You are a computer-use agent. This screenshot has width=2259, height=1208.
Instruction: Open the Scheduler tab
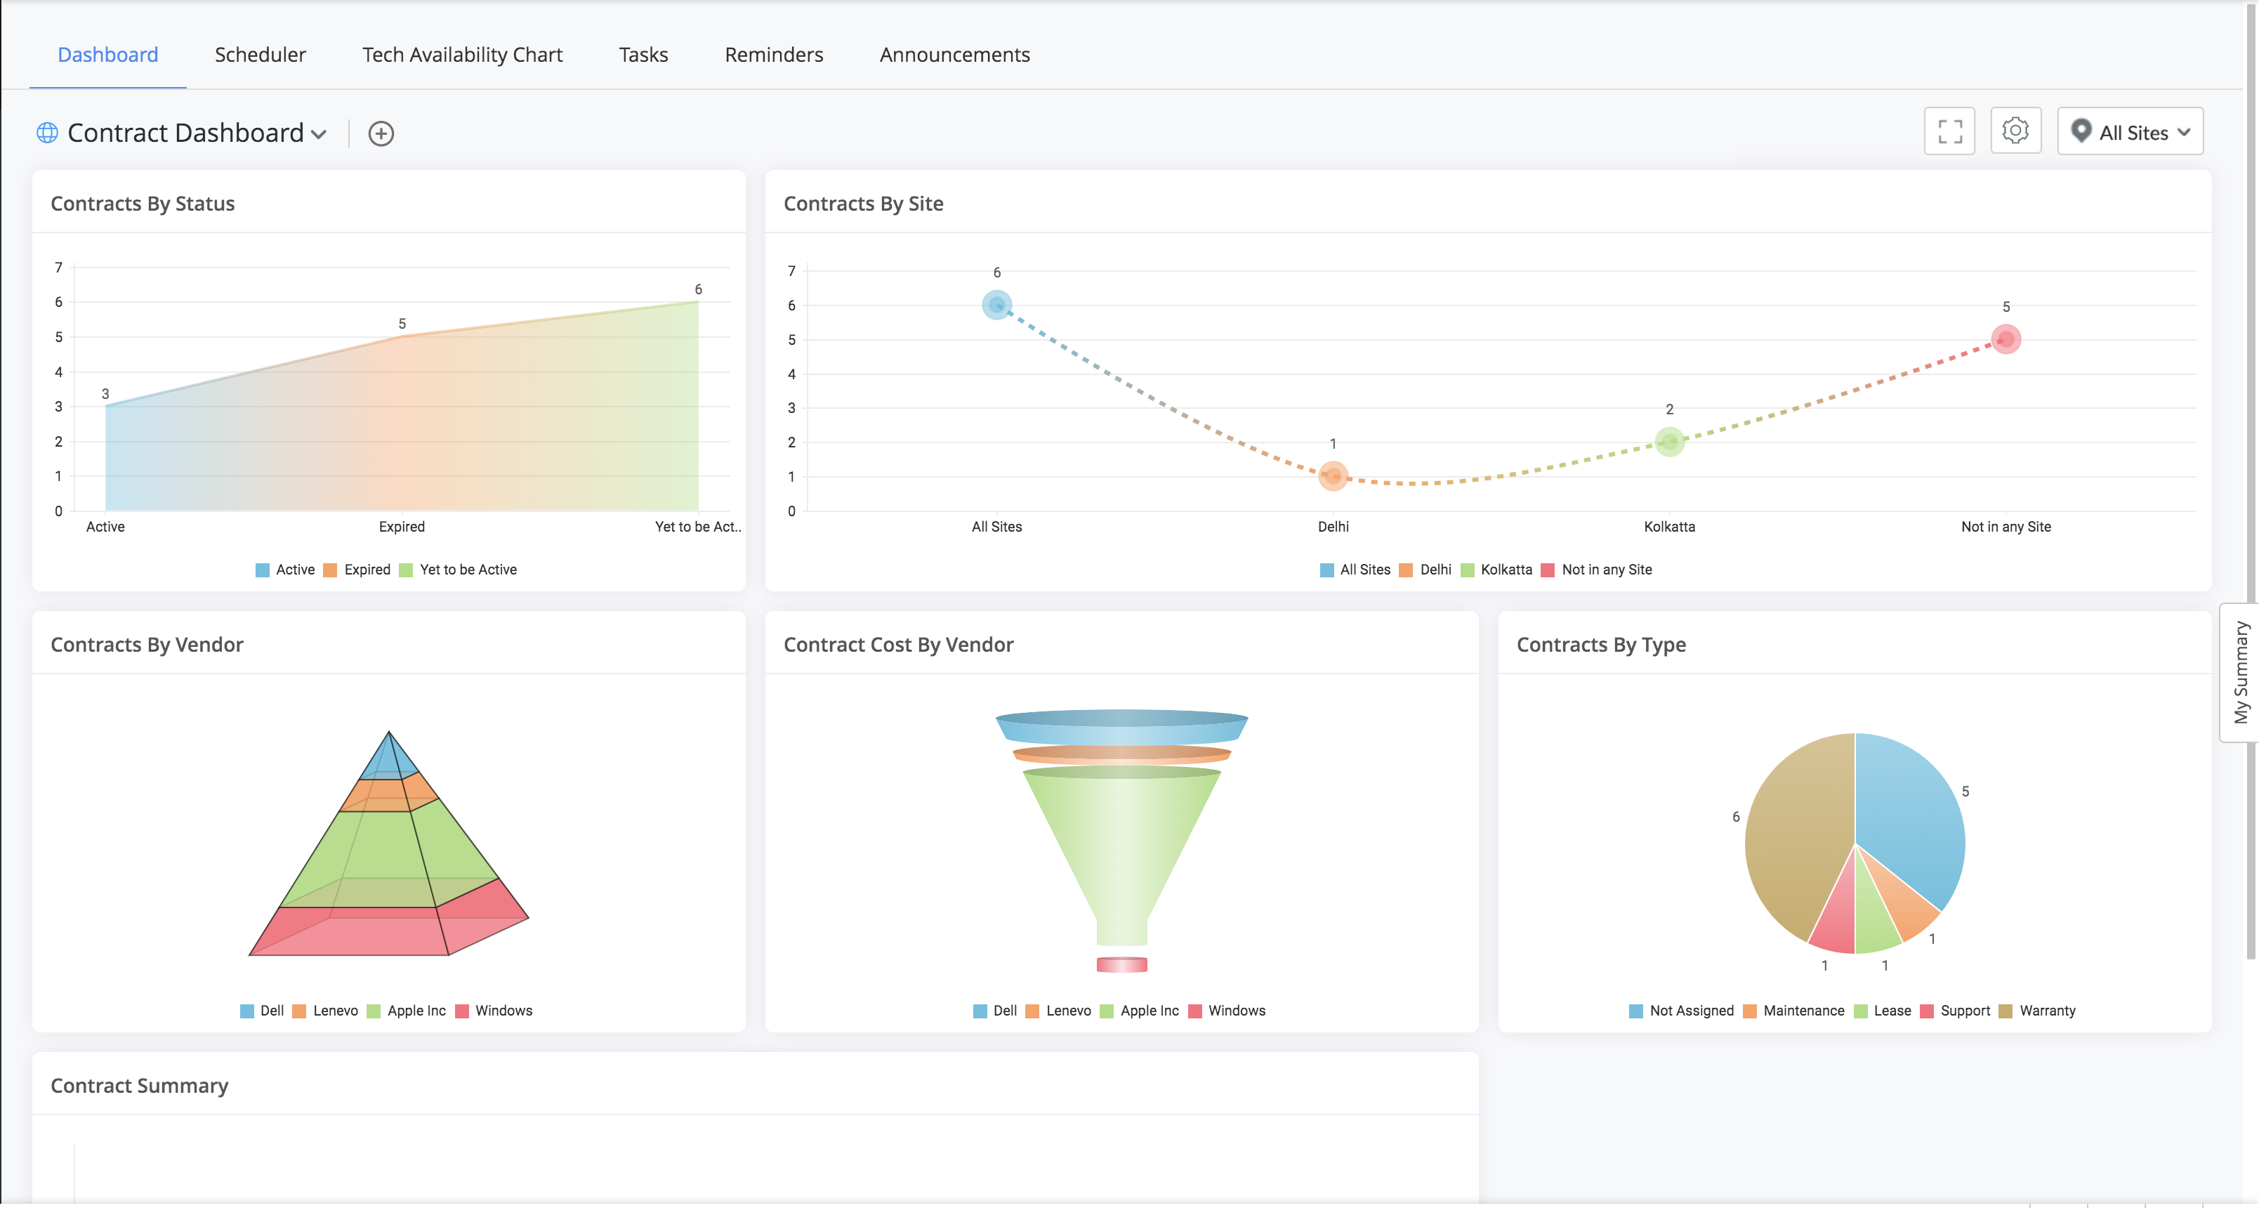pyautogui.click(x=260, y=54)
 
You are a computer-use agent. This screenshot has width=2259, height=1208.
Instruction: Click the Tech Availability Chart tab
pyautogui.click(x=462, y=54)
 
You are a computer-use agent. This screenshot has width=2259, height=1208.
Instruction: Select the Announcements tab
pyautogui.click(x=954, y=54)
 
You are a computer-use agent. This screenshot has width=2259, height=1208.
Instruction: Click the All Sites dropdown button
pyautogui.click(x=2130, y=131)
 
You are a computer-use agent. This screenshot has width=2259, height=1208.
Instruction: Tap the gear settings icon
pyautogui.click(x=2015, y=131)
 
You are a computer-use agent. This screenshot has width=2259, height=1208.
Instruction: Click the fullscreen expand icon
pyautogui.click(x=1949, y=131)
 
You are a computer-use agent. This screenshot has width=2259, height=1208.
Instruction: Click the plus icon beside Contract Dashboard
pyautogui.click(x=381, y=133)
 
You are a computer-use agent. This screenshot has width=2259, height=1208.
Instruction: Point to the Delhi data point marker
pyautogui.click(x=1333, y=475)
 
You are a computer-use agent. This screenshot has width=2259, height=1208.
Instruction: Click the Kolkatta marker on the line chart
pyautogui.click(x=1670, y=441)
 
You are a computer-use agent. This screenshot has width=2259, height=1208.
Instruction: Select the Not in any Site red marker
pyautogui.click(x=2006, y=339)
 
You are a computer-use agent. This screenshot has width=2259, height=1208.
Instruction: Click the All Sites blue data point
pyautogui.click(x=996, y=304)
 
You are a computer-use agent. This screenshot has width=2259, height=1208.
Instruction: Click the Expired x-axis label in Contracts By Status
pyautogui.click(x=402, y=526)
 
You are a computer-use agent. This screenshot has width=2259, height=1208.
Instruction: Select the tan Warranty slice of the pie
pyautogui.click(x=1794, y=834)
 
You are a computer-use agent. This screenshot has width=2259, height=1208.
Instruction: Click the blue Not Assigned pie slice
pyautogui.click(x=1911, y=816)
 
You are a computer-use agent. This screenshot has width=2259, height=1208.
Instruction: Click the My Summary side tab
pyautogui.click(x=2241, y=673)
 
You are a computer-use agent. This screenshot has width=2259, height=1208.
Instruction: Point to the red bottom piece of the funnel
pyautogui.click(x=1121, y=964)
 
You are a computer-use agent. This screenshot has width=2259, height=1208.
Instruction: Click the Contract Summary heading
pyautogui.click(x=140, y=1085)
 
